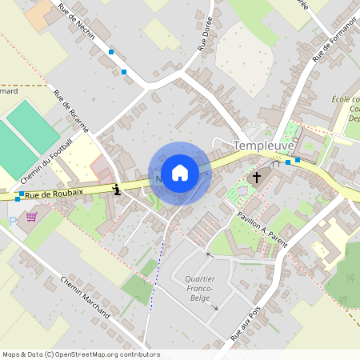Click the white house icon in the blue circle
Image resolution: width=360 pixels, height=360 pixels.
pos(180,173)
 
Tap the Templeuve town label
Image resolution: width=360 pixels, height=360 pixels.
pos(264,146)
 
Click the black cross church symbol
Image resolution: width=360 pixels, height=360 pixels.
pos(257,177)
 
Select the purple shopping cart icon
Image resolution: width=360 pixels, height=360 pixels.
pos(32,216)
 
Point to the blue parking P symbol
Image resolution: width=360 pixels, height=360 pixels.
pos(12,220)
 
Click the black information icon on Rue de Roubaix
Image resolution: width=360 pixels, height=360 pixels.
pos(118,190)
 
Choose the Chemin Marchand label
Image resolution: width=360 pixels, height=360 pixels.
pos(84,298)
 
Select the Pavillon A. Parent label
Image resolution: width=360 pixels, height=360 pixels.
pos(262,230)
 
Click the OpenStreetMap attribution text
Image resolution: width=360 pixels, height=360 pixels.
pos(81,354)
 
